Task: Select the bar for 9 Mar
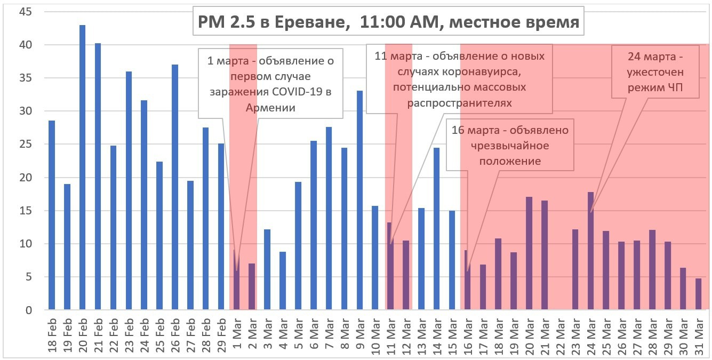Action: coord(359,200)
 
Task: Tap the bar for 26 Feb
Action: coord(175,187)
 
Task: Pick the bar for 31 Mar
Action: coord(699,294)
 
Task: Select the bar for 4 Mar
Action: coord(283,281)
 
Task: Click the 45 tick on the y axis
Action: coord(25,12)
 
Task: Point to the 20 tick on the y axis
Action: coord(25,178)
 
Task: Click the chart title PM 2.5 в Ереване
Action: coord(388,22)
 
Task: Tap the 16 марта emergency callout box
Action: coord(510,145)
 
